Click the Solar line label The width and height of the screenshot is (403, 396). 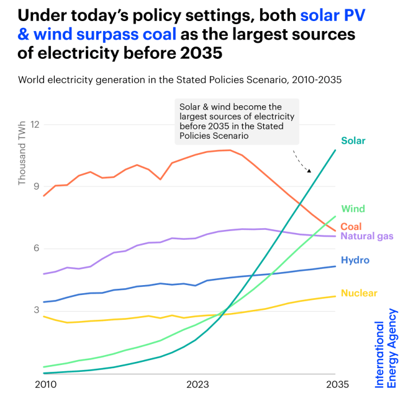[353, 141]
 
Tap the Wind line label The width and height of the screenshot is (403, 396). [353, 209]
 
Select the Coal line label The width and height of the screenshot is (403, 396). [351, 227]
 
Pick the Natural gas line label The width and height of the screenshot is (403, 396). [367, 237]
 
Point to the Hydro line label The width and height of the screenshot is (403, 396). [355, 260]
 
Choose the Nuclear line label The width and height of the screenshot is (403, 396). [359, 293]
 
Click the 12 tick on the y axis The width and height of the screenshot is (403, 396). [34, 125]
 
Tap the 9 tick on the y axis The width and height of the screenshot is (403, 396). [36, 187]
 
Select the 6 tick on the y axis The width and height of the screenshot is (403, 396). [36, 249]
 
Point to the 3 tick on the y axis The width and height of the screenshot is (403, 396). [36, 310]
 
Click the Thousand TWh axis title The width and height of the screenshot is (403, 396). [22, 157]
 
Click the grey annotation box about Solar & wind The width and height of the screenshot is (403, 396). [236, 121]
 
